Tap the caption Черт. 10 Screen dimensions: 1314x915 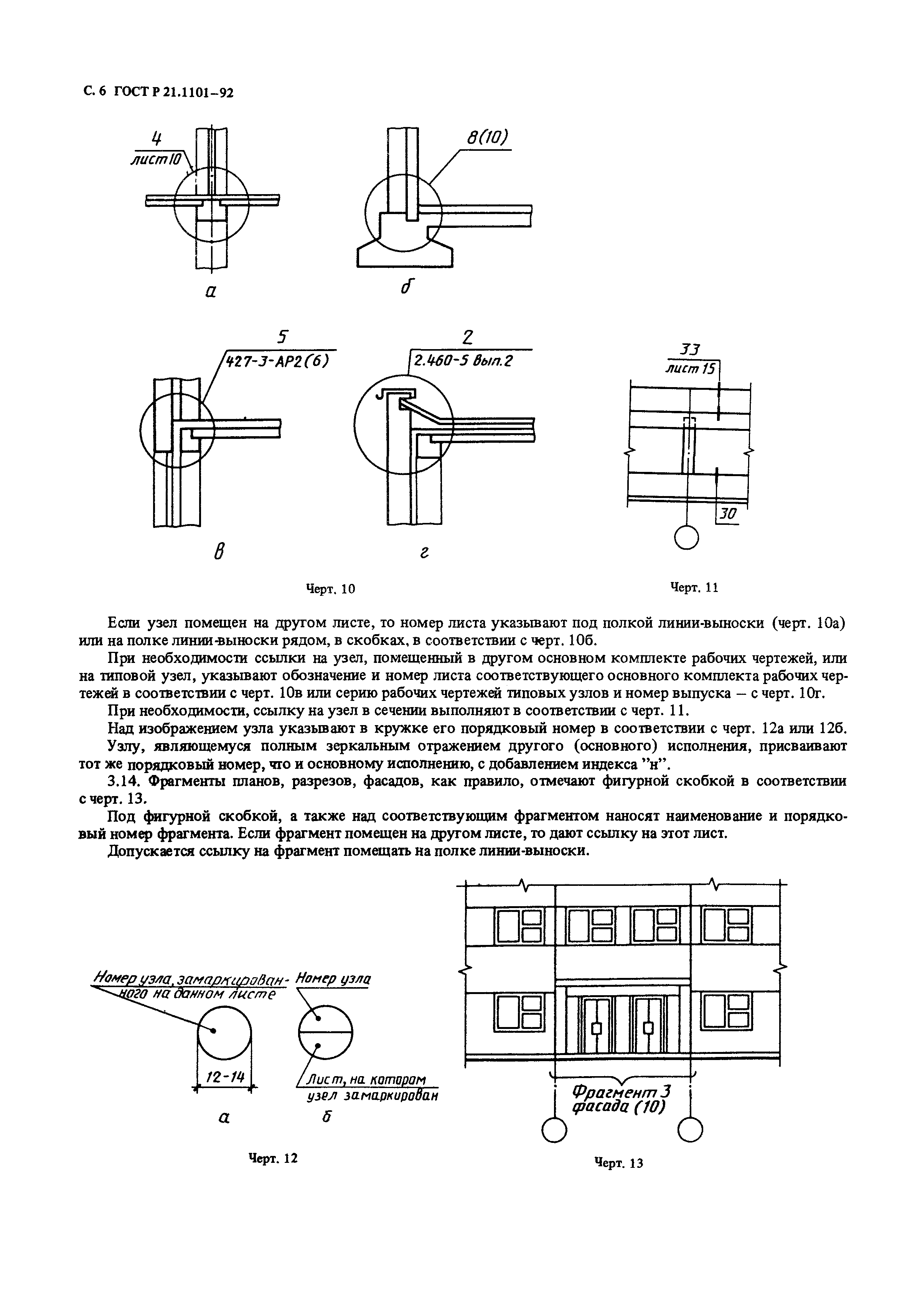point(330,589)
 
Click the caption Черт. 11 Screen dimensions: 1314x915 point(694,587)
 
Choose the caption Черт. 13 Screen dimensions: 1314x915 point(618,1163)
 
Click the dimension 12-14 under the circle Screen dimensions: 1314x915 point(225,1077)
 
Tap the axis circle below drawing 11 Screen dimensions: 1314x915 point(687,537)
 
